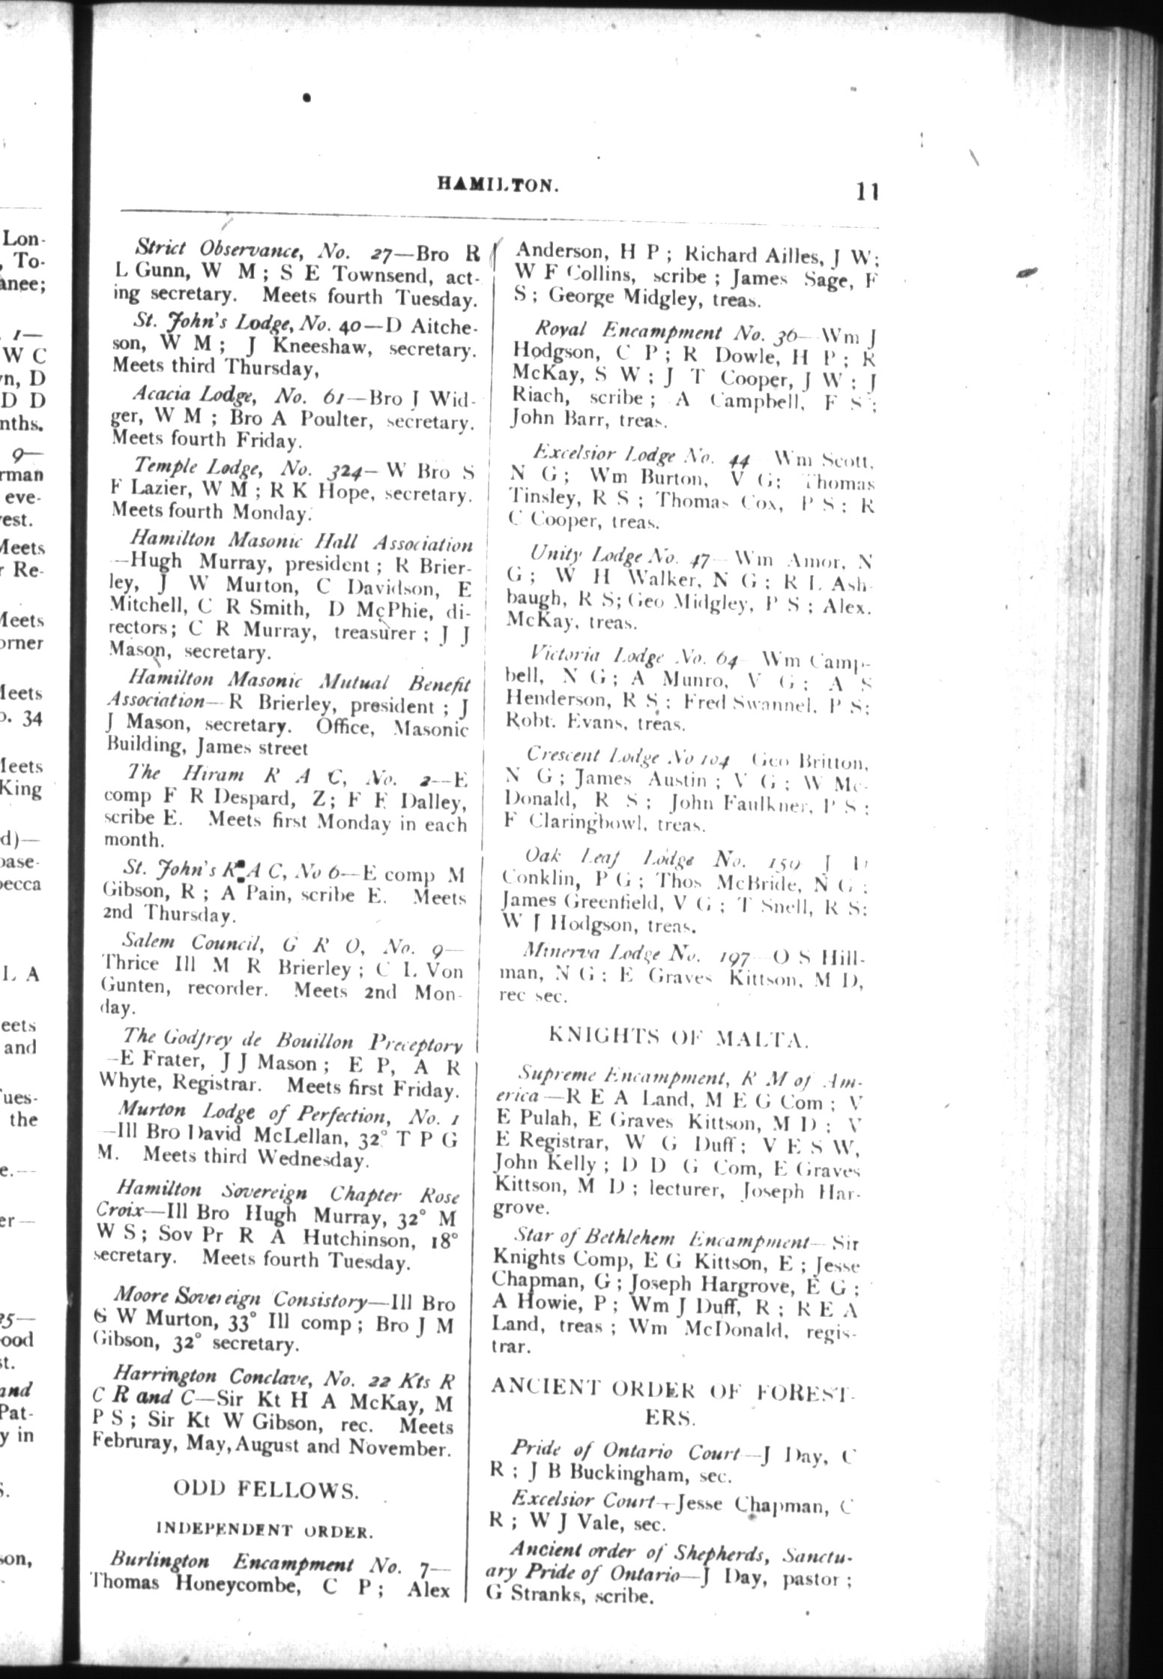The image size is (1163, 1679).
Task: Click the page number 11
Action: coord(867,191)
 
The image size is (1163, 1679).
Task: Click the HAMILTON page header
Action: coord(498,184)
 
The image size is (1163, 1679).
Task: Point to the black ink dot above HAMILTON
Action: coord(307,97)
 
